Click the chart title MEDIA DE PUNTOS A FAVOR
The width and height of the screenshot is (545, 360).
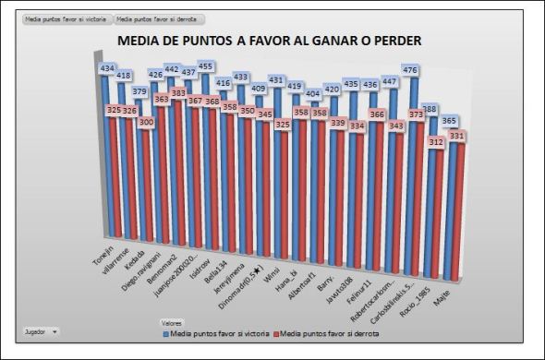tap(268, 42)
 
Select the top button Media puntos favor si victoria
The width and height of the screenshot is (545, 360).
tap(65, 18)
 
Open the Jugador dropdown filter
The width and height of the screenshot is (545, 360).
tap(42, 330)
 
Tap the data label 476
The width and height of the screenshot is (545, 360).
tap(411, 70)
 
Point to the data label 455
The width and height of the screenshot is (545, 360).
tap(206, 66)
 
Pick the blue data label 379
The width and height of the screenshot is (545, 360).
tap(139, 90)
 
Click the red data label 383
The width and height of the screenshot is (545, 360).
tap(177, 93)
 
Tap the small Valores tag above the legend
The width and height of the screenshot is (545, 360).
tap(172, 322)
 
